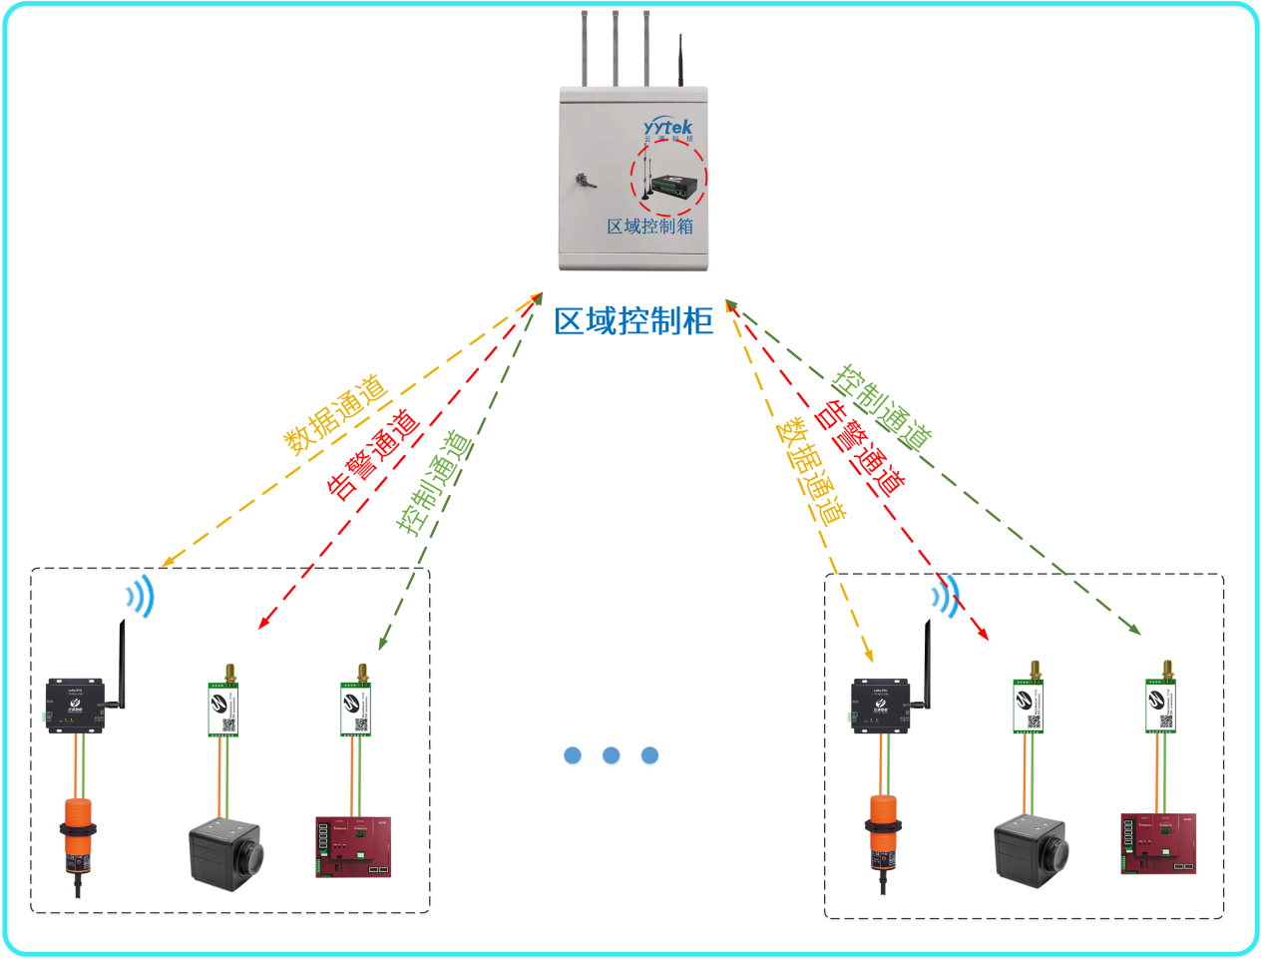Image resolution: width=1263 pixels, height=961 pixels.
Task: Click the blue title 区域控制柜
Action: click(634, 320)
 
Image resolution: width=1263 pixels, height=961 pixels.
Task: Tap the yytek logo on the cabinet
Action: click(667, 127)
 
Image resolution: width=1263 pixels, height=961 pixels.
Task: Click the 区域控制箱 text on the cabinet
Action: click(649, 227)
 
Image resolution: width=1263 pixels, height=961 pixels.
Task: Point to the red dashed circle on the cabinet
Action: click(667, 178)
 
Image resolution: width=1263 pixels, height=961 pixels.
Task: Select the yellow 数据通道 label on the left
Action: click(336, 414)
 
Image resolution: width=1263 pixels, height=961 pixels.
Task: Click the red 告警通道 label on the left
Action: click(374, 454)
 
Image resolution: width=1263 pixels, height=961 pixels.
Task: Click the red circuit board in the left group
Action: click(354, 847)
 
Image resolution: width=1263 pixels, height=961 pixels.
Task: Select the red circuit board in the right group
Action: click(1158, 844)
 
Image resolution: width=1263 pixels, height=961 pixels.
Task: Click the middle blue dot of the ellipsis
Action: click(612, 756)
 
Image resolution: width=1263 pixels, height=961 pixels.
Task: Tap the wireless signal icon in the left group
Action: click(142, 597)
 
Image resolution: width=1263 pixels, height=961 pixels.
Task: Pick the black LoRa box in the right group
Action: click(879, 705)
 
